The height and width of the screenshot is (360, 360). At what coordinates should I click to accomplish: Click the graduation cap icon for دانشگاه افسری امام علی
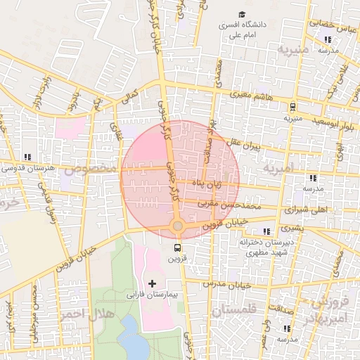(x=242, y=15)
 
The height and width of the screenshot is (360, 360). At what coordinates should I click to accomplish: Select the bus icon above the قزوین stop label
(x=177, y=247)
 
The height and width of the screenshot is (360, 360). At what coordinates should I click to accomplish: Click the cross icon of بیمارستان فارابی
(x=153, y=283)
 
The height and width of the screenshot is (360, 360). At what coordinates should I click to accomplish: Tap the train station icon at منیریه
(x=292, y=107)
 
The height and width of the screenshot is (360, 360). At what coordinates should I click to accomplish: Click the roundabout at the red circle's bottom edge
(x=177, y=226)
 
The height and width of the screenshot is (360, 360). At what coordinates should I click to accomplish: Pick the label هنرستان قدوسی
(x=27, y=168)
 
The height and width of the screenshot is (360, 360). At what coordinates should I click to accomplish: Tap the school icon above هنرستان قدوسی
(x=27, y=157)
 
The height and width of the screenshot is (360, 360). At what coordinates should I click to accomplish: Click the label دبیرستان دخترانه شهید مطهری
(x=264, y=247)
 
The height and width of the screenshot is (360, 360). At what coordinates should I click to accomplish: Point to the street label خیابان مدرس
(x=226, y=285)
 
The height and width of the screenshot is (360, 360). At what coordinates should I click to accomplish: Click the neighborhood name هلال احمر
(x=84, y=313)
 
